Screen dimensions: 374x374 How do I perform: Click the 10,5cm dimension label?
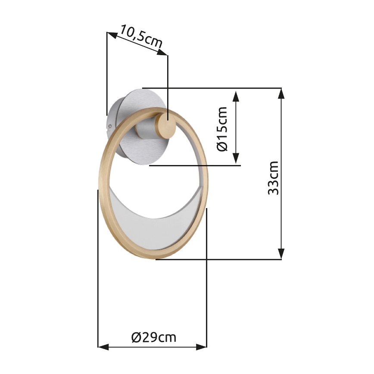pos(141,37)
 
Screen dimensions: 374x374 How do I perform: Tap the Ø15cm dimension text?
pos(222,129)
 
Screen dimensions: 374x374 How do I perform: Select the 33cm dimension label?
pos(273,178)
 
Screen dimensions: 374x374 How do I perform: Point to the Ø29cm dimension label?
pos(154,337)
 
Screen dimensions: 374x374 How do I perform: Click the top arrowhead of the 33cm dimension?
pos(281,93)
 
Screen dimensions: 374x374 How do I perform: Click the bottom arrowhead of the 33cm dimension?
pos(281,254)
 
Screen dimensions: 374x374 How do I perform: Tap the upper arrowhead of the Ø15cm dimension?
pos(236,97)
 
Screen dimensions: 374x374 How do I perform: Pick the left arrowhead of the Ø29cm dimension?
pos(103,347)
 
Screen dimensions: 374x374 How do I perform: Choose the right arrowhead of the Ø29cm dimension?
pos(201,347)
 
